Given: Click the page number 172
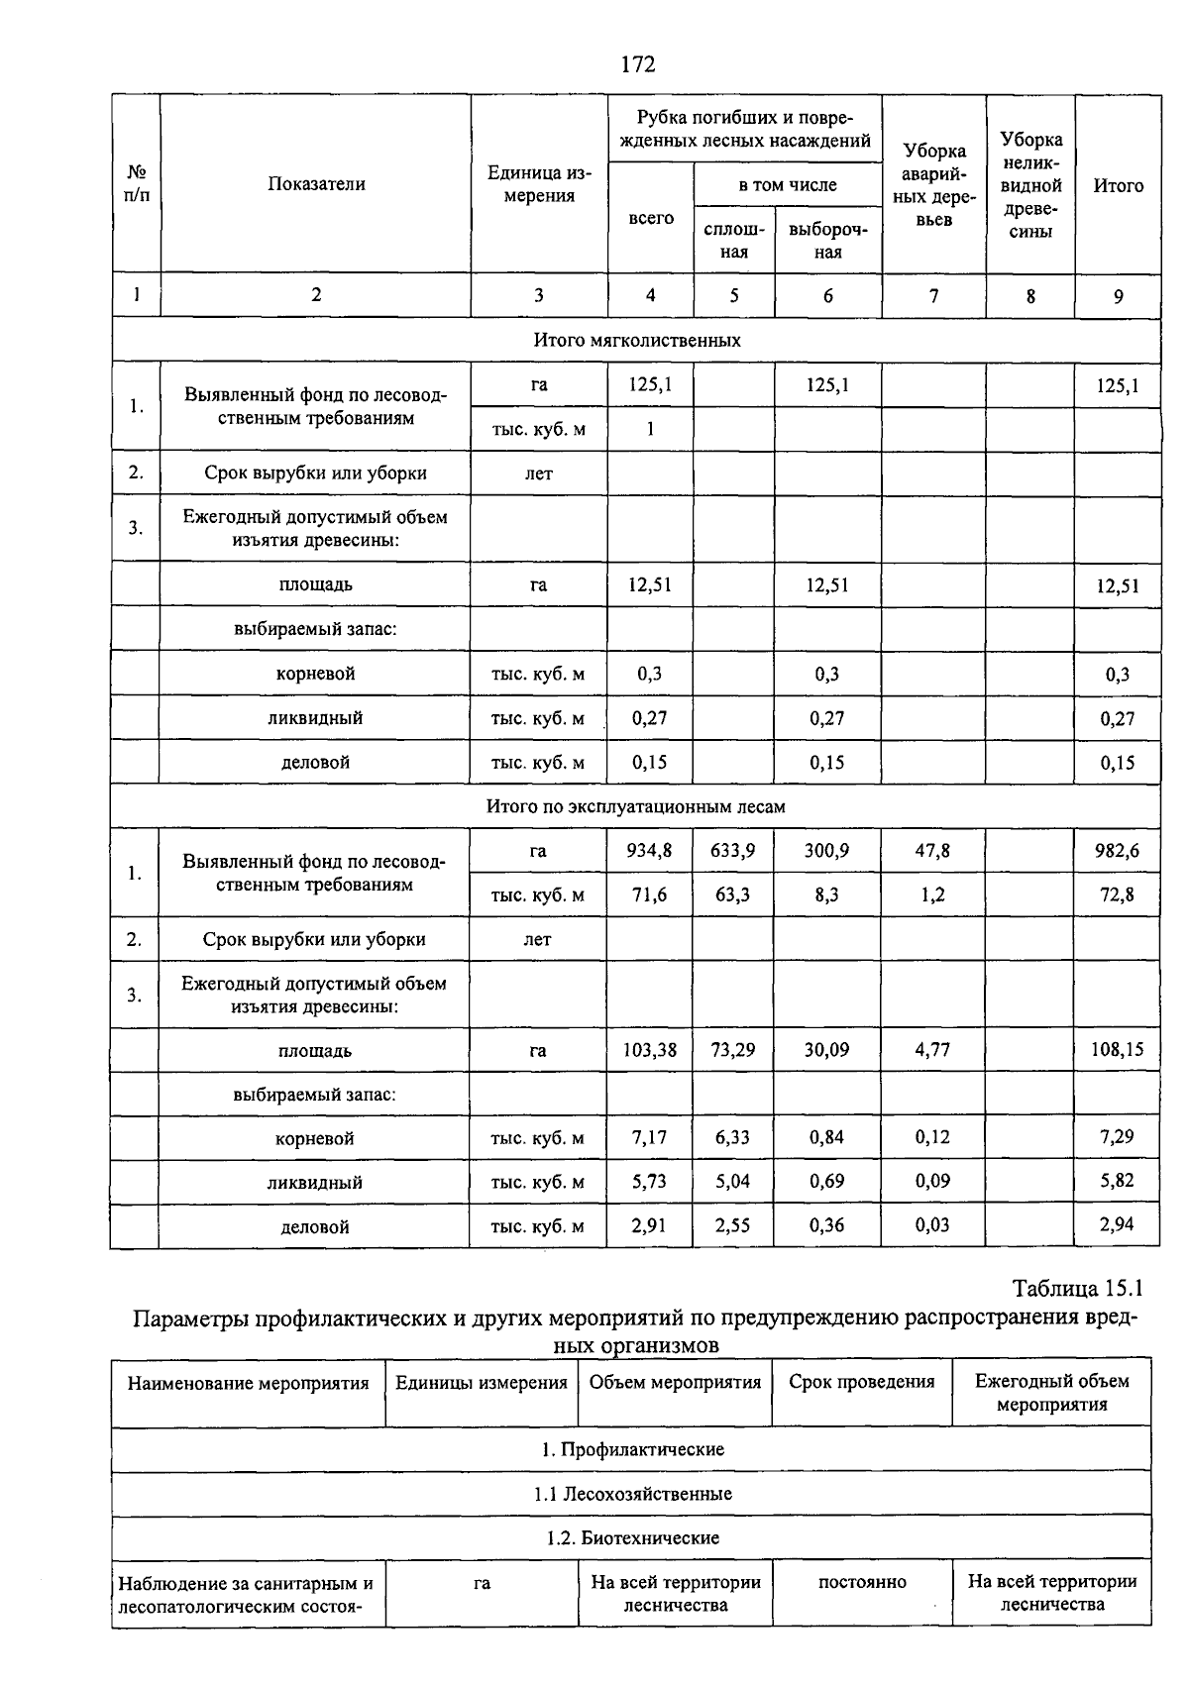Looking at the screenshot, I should pyautogui.click(x=637, y=64).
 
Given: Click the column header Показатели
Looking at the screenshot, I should pyautogui.click(x=316, y=184).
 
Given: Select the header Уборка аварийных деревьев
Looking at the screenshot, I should pyautogui.click(x=933, y=185).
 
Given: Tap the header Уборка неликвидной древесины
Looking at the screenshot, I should pyautogui.click(x=1030, y=185).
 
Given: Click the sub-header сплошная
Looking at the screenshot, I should pyautogui.click(x=733, y=241).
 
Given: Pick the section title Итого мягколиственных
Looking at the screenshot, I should pyautogui.click(x=637, y=340).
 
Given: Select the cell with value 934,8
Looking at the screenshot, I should pyautogui.click(x=649, y=850).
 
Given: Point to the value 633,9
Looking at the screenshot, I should pyautogui.click(x=732, y=850).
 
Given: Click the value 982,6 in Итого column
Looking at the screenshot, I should pyautogui.click(x=1118, y=850).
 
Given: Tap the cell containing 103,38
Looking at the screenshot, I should pyautogui.click(x=649, y=1049).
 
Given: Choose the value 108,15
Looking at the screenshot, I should pyautogui.click(x=1118, y=1049).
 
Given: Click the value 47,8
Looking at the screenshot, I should pyautogui.click(x=932, y=850).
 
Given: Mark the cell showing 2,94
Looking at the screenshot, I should pyautogui.click(x=1117, y=1224).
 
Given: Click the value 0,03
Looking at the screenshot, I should pyautogui.click(x=932, y=1224).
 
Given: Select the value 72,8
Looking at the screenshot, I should pyautogui.click(x=1117, y=895).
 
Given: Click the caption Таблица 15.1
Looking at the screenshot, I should pyautogui.click(x=1077, y=1289).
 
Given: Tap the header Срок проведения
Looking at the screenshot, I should pyautogui.click(x=861, y=1382).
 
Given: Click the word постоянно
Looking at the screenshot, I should pyautogui.click(x=862, y=1582).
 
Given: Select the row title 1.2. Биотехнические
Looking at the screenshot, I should pyautogui.click(x=632, y=1538).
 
